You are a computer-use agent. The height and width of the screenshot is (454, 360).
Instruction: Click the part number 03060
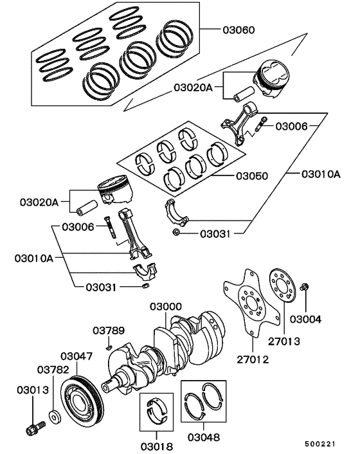point(239,30)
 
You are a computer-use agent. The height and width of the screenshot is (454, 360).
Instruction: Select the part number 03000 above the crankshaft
point(166,307)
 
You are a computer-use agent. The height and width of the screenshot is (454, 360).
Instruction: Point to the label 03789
point(108,331)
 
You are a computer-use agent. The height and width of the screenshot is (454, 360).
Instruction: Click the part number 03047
point(77,356)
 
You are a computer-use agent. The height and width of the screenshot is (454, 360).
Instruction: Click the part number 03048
point(203,437)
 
